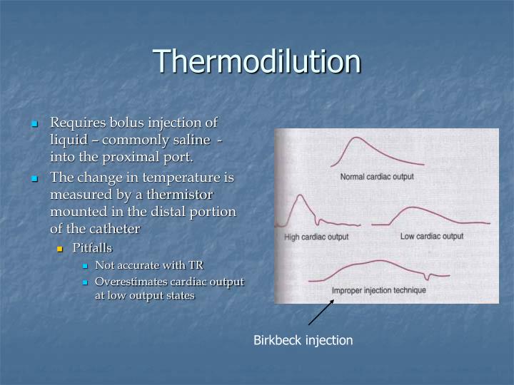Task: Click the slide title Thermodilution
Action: [257, 61]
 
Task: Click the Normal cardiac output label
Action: [377, 177]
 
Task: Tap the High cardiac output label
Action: [316, 237]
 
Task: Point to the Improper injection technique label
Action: [378, 291]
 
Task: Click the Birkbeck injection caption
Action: [303, 341]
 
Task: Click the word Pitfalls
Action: [96, 248]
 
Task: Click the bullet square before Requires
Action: [34, 125]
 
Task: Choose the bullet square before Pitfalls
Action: [61, 249]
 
